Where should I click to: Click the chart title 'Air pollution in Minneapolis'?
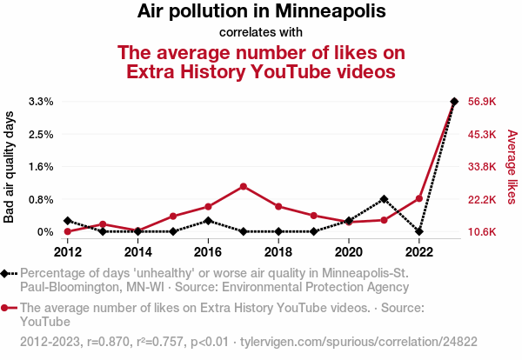[261, 12]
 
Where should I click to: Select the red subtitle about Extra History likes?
[261, 61]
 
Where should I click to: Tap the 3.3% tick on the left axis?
[41, 102]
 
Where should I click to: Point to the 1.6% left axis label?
[41, 167]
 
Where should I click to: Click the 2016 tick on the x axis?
[208, 252]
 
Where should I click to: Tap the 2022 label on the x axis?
[418, 252]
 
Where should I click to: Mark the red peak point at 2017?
[244, 186]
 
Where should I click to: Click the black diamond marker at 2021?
[384, 199]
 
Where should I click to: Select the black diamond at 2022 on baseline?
[419, 231]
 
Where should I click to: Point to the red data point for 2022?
[419, 198]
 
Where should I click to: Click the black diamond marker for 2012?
[68, 221]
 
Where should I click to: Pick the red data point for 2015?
[173, 216]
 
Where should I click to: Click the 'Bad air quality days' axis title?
[10, 166]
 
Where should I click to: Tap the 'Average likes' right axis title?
[512, 167]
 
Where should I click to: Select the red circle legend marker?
[8, 308]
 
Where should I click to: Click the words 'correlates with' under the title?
[261, 33]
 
